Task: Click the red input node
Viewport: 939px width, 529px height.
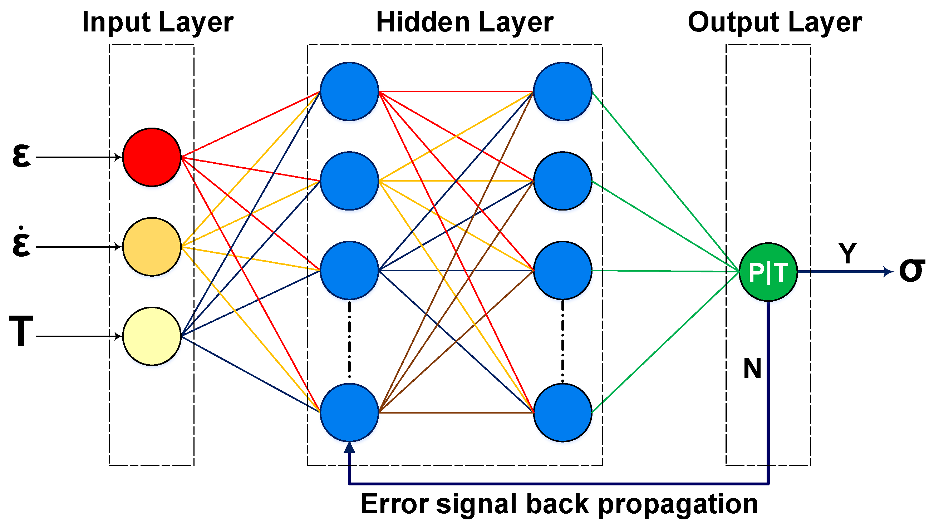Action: point(152,157)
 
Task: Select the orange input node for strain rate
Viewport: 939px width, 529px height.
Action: point(152,247)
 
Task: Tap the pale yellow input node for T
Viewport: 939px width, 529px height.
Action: point(152,336)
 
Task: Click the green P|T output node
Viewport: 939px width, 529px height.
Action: point(768,272)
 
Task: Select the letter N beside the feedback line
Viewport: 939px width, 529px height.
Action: point(752,369)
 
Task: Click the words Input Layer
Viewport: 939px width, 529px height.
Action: point(157,23)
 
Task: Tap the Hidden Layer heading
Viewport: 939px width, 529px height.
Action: point(464,23)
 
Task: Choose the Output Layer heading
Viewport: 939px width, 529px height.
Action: point(774,23)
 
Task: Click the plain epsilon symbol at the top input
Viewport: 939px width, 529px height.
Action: point(21,156)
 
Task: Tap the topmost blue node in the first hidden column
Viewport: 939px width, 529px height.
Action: point(349,91)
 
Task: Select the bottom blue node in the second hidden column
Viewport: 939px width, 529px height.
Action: point(562,412)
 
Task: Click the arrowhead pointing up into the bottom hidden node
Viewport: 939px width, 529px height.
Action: point(349,448)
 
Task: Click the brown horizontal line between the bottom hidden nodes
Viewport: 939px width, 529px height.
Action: point(456,412)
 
